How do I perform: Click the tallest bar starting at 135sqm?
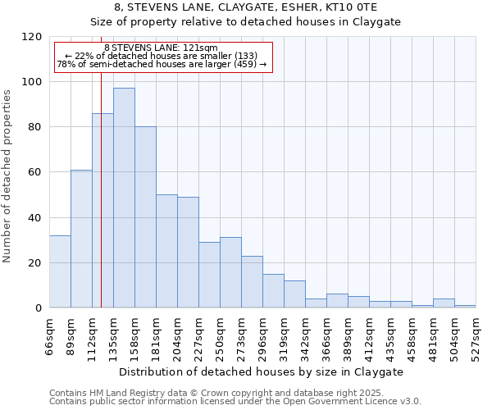[124, 198]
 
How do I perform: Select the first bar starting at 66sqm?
[60, 271]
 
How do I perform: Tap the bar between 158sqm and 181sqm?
[145, 217]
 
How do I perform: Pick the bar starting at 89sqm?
[81, 239]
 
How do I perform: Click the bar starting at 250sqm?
[230, 272]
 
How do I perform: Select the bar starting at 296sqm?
[273, 290]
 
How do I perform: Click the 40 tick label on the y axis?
[36, 218]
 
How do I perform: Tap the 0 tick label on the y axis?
[39, 308]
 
